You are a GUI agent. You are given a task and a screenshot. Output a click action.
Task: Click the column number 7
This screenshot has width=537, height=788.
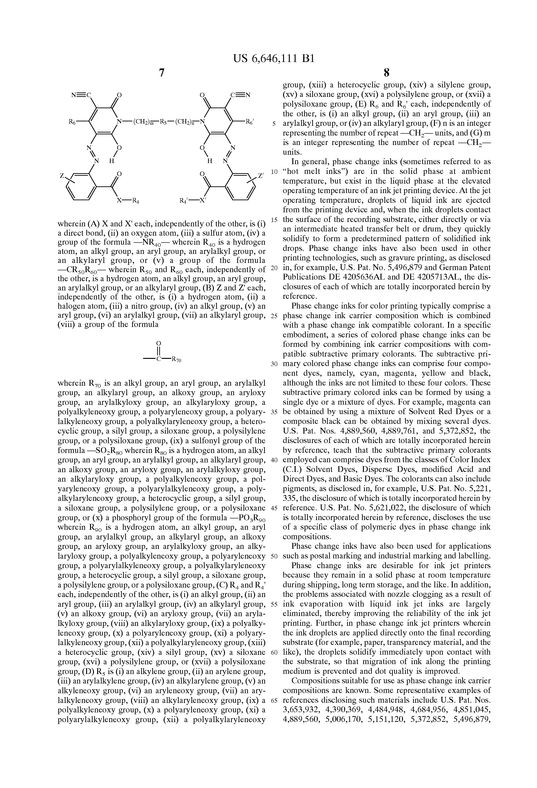tap(162, 73)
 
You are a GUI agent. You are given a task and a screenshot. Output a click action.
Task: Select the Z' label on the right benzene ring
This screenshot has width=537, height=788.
tap(261, 176)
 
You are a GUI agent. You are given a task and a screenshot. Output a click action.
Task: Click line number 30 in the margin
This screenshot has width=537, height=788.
tap(274, 364)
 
